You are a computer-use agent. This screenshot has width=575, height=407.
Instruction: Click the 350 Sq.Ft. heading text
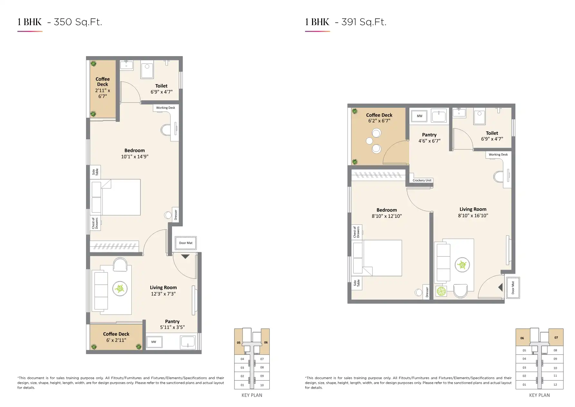[x=78, y=22]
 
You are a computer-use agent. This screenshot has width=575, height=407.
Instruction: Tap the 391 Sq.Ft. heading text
[x=364, y=22]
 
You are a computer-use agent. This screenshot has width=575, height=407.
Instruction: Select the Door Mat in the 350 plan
[x=186, y=243]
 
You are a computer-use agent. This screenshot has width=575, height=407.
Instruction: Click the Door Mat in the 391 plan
[x=513, y=287]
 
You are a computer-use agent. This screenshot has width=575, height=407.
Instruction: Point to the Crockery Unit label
[x=422, y=180]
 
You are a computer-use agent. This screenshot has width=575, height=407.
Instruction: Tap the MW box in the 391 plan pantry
[x=419, y=116]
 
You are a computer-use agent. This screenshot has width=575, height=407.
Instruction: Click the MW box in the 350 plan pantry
[x=154, y=342]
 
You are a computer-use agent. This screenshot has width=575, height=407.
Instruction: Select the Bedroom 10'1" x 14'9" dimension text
[x=135, y=157]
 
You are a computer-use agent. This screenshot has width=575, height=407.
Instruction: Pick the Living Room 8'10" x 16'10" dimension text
[x=473, y=215]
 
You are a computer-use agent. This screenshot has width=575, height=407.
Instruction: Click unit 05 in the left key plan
[x=238, y=342]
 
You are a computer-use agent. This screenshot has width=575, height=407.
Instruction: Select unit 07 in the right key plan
[x=556, y=337]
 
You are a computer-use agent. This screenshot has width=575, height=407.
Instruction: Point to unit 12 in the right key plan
[x=555, y=384]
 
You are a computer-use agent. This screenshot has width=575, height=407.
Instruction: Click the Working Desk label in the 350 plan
[x=166, y=108]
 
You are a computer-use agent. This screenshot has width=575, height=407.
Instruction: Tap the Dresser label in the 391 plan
[x=427, y=292]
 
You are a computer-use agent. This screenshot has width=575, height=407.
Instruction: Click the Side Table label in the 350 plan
[x=95, y=172]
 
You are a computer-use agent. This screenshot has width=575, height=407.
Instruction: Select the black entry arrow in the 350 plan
[x=185, y=257]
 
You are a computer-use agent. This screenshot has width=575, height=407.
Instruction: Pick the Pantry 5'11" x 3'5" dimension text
[x=172, y=327]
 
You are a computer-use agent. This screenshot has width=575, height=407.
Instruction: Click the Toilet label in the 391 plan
[x=492, y=133]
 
